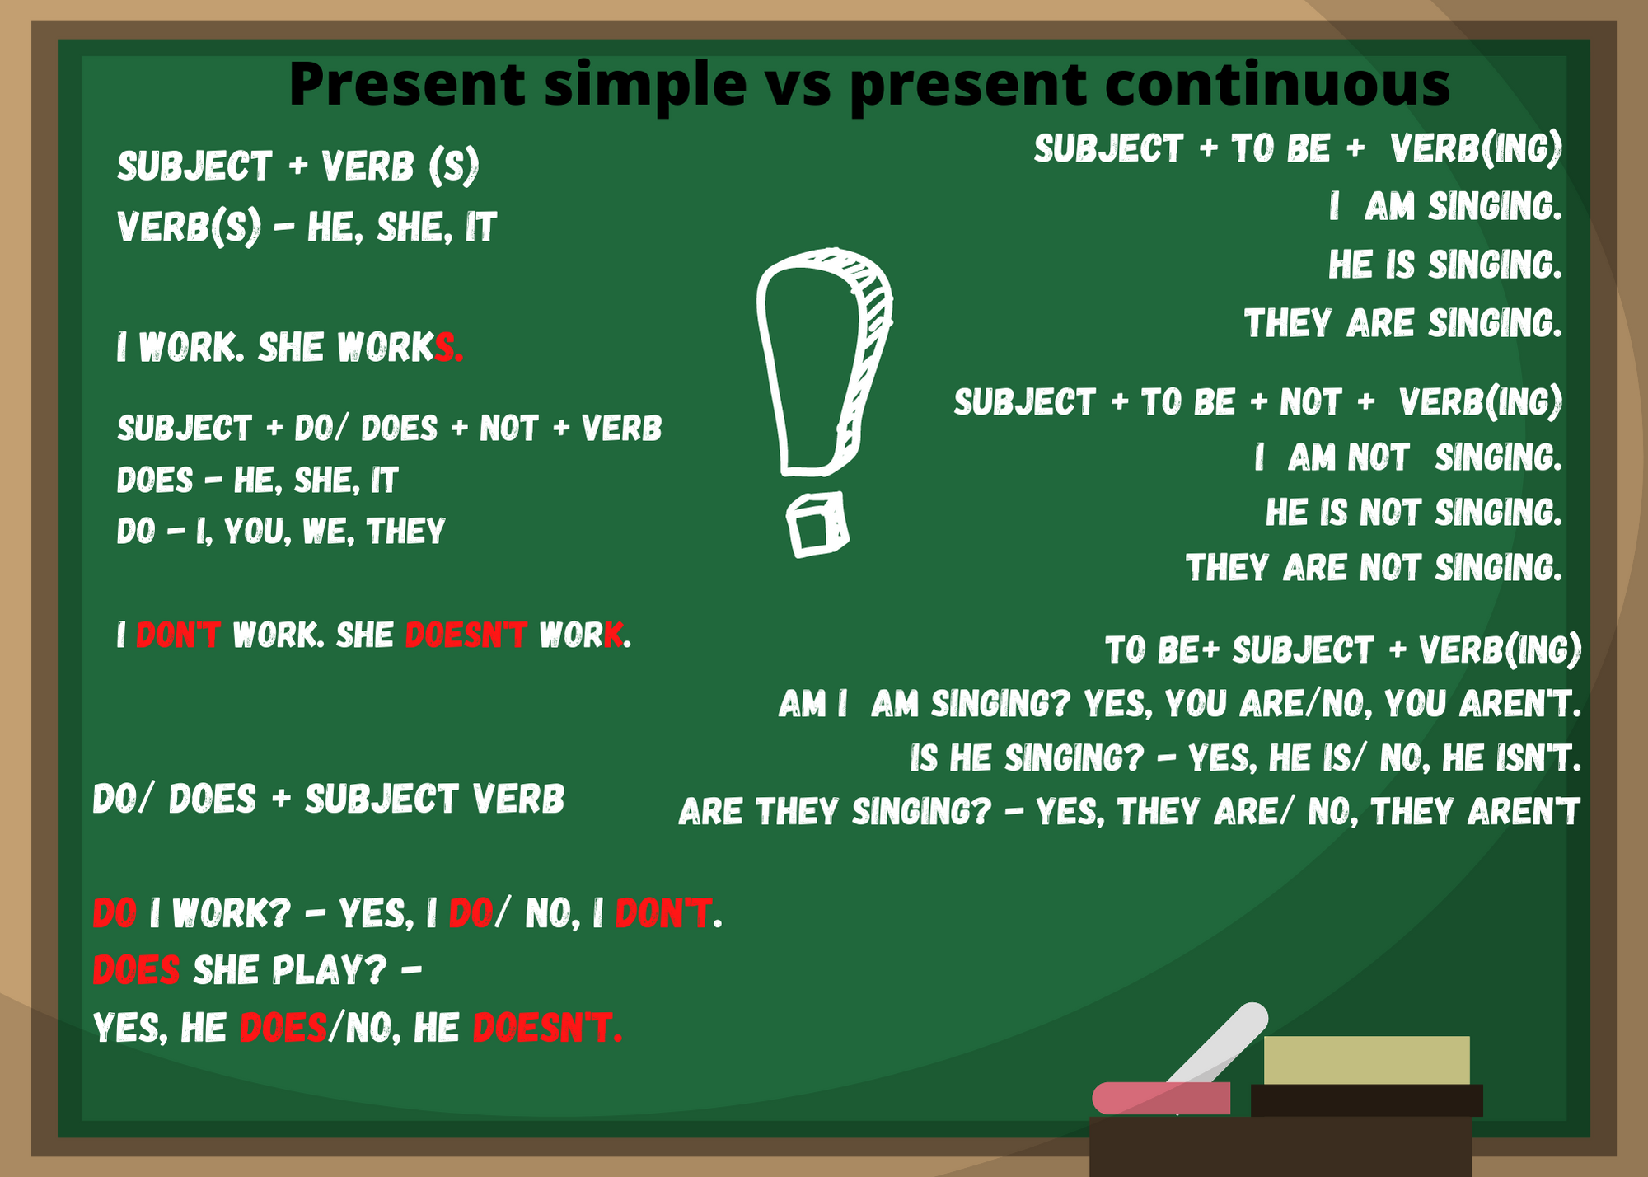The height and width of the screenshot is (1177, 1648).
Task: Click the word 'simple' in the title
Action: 645,86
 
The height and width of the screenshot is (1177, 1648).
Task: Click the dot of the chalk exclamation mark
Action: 817,524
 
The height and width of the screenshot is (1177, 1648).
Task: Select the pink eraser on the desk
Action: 1161,1098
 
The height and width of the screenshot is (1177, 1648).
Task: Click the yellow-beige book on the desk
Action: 1366,1060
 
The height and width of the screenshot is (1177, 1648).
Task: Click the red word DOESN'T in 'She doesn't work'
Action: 466,635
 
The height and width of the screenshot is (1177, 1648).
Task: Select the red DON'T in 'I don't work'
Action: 178,635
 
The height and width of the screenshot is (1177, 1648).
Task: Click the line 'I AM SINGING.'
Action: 1445,206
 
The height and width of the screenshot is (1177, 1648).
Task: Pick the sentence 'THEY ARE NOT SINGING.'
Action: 1374,568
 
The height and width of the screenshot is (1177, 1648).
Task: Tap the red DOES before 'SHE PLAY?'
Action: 136,970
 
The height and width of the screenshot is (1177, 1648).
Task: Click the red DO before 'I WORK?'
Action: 115,913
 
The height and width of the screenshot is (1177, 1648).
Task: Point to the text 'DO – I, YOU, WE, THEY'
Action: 281,532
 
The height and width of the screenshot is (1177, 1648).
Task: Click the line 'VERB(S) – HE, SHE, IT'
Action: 307,227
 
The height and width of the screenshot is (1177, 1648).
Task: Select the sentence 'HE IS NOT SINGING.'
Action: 1414,513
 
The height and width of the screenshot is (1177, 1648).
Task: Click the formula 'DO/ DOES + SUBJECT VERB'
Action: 329,800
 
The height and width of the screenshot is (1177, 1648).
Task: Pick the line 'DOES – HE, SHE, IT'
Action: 257,481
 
